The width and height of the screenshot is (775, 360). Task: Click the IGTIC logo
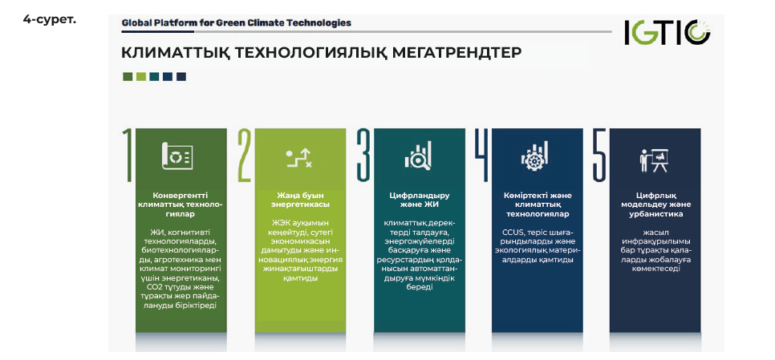tap(667, 33)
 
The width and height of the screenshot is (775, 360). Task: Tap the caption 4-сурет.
tap(50, 20)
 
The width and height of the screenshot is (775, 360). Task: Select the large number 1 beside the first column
tap(128, 155)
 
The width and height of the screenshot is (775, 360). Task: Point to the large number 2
tap(245, 155)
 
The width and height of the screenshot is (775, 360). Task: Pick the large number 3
tap(363, 155)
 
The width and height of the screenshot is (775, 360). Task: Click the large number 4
tap(481, 155)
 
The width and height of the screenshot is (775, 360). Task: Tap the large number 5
tap(599, 155)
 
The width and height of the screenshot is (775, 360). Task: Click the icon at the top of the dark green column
tap(177, 156)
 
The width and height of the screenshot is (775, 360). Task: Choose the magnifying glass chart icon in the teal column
tap(418, 155)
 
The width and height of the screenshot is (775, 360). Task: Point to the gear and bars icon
tap(534, 156)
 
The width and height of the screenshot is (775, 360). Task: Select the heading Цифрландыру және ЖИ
tap(419, 200)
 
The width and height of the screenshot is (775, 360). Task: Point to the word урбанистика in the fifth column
tap(656, 214)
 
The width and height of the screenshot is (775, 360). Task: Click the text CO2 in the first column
tap(155, 287)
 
